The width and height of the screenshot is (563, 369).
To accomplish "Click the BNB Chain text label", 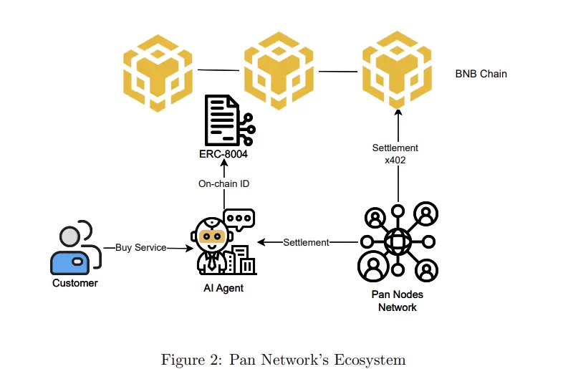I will tap(481, 73).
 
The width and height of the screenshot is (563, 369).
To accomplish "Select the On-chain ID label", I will tap(223, 184).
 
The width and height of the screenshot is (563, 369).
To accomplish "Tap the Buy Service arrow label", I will tap(140, 248).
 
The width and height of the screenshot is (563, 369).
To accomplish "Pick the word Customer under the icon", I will tap(74, 283).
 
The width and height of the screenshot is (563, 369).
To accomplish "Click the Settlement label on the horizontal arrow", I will tap(306, 242).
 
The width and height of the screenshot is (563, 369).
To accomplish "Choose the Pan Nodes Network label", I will tap(398, 301).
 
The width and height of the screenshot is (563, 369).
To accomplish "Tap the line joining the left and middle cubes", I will tap(218, 70).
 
